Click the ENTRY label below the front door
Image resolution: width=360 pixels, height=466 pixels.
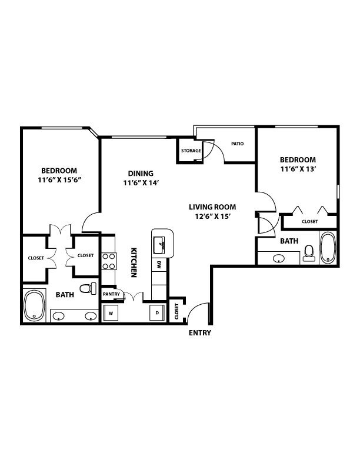coord(199,333)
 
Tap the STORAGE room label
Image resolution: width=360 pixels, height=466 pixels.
coord(191,151)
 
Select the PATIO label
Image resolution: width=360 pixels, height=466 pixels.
coord(237,144)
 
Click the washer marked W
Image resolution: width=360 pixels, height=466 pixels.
coord(111,312)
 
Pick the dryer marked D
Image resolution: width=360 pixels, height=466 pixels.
coord(156,312)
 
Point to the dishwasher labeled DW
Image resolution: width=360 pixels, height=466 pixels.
coord(159,265)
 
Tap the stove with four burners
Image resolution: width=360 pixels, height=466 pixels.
coord(108,261)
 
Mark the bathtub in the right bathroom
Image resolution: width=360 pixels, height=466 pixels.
coord(328,248)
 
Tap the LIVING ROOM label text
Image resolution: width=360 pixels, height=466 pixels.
coord(212,207)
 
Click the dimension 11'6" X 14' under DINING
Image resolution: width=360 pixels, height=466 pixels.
coord(141,183)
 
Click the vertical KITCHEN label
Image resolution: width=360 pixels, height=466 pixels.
coord(135,261)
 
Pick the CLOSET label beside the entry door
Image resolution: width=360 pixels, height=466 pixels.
coord(176,312)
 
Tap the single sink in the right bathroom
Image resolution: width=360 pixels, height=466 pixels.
coord(279,257)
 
